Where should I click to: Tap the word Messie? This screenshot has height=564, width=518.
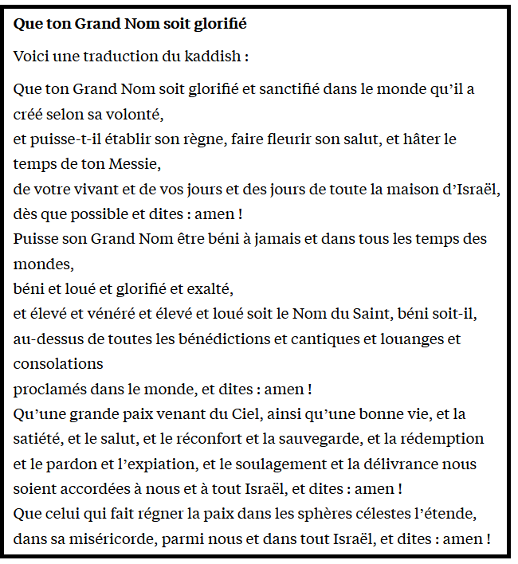135,164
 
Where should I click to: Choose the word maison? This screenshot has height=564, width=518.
413,190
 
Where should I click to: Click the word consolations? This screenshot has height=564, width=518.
58,364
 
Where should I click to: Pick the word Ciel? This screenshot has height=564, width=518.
244,414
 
